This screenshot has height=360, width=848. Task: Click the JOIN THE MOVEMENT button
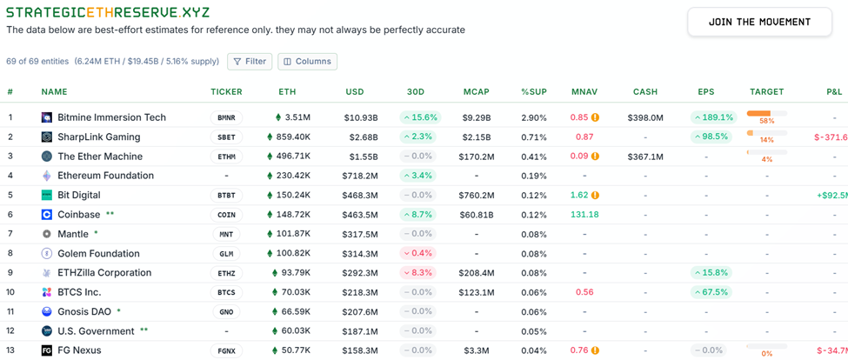[x=759, y=22]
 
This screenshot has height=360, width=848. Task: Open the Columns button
[x=307, y=62]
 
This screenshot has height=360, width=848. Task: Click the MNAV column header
[x=584, y=91]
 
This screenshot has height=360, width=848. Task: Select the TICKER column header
[x=226, y=91]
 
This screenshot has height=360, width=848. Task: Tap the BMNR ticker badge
[x=226, y=117]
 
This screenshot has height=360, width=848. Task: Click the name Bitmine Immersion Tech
[x=111, y=117]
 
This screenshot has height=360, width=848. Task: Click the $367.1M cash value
[x=645, y=157]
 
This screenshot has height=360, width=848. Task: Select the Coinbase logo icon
[x=47, y=215]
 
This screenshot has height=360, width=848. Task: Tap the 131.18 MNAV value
[x=584, y=215]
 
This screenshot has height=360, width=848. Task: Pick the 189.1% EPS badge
[x=713, y=117]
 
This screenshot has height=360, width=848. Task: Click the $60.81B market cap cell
[x=477, y=215]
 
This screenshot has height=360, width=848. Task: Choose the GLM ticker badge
[x=226, y=254]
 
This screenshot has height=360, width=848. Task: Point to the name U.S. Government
[x=96, y=331]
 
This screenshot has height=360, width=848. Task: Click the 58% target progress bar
[x=766, y=114]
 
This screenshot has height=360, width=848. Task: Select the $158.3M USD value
[x=360, y=350]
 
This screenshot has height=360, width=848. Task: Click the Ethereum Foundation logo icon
[x=47, y=176]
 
